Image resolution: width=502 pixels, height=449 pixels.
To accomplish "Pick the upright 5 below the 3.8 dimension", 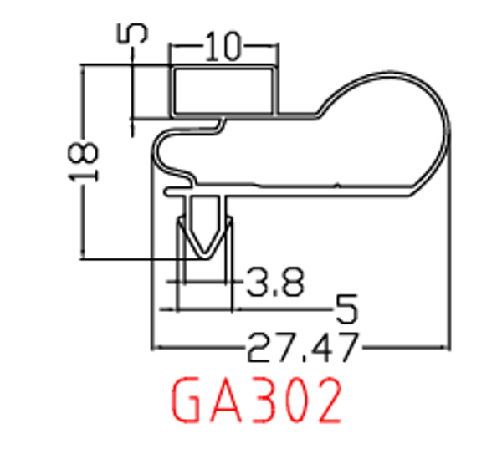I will (346, 310).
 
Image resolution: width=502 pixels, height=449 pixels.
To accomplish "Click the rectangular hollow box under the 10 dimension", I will (223, 89).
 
